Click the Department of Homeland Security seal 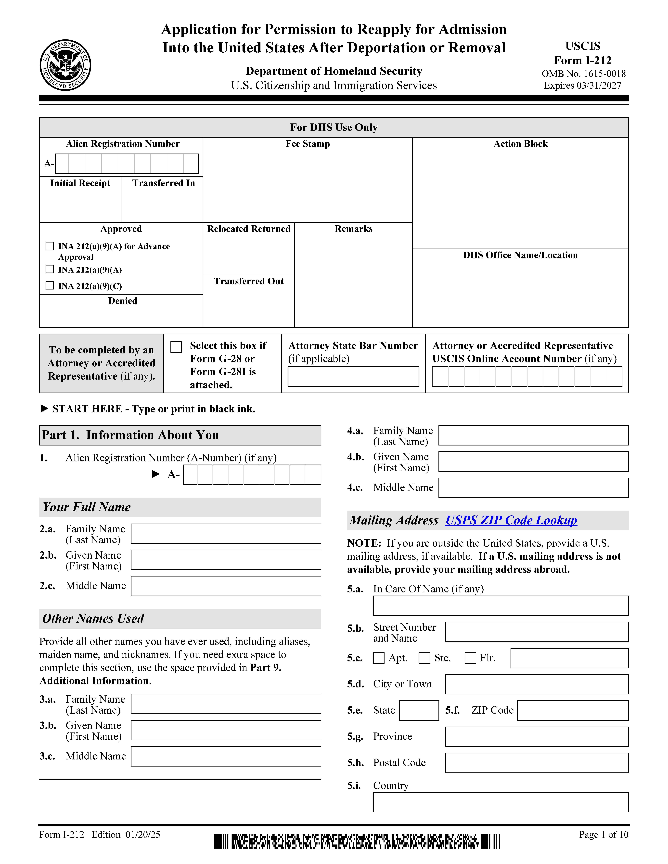pyautogui.click(x=65, y=65)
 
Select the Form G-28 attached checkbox pyautogui.click(x=176, y=347)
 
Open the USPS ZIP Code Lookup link pyautogui.click(x=511, y=520)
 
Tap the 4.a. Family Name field pyautogui.click(x=533, y=435)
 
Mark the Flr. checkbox pyautogui.click(x=470, y=658)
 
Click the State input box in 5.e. pyautogui.click(x=419, y=710)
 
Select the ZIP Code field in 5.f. pyautogui.click(x=573, y=710)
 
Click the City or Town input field pyautogui.click(x=537, y=684)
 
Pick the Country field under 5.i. pyautogui.click(x=501, y=802)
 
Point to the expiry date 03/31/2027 pyautogui.click(x=583, y=85)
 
